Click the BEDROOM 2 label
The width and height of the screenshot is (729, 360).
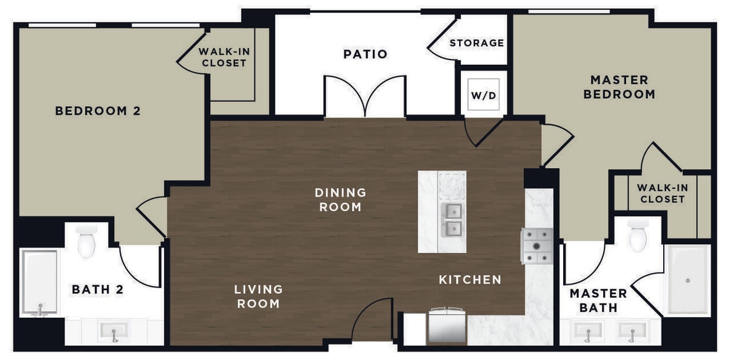98,111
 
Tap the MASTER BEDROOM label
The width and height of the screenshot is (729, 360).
619,86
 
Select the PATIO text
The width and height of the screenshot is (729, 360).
365,54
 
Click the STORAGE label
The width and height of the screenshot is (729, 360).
476,43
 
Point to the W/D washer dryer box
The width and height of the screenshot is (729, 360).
484,95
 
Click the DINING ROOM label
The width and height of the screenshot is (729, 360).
340,199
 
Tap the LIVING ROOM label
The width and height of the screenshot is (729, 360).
258,296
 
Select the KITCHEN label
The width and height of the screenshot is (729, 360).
470,279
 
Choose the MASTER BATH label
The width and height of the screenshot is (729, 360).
598,300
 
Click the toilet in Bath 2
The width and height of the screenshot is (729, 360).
86,241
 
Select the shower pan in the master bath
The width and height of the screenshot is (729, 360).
687,280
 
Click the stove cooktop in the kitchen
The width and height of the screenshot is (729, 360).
537,246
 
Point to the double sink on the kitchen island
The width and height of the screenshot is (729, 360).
452,219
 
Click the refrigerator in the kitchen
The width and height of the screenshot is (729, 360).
446,326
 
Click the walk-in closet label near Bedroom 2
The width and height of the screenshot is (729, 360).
223,57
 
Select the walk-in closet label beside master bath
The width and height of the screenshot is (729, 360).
663,193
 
